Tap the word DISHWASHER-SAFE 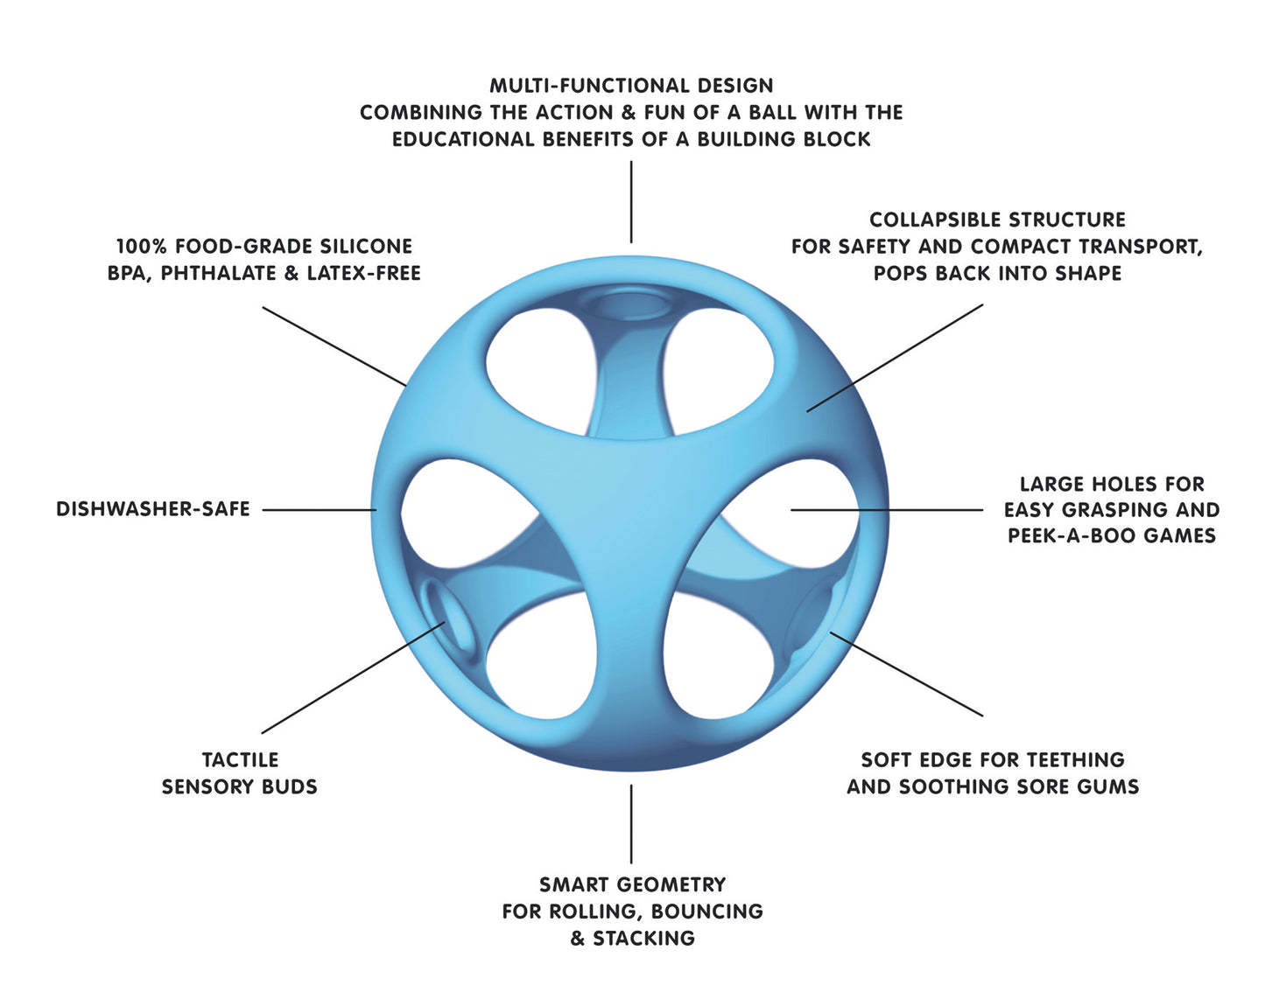pos(153,509)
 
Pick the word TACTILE pos(240,760)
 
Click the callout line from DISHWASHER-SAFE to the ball pos(320,510)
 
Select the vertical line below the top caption pos(631,201)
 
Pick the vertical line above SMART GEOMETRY pos(631,823)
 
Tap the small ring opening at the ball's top pos(631,307)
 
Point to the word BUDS pos(290,787)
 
